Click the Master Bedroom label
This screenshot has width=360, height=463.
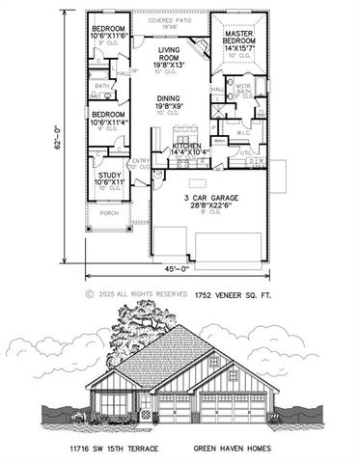[237, 41]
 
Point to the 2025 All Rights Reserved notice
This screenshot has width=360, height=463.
[132, 292]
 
